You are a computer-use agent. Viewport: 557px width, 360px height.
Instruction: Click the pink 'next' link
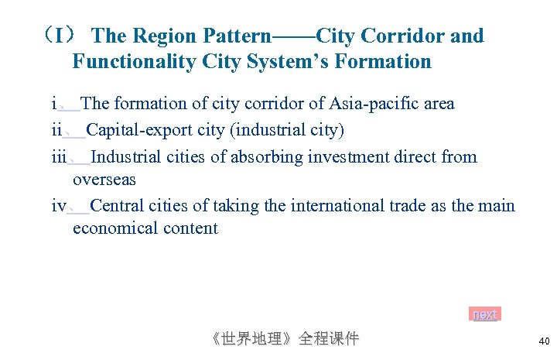pyautogui.click(x=485, y=314)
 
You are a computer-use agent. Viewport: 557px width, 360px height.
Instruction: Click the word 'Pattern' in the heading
pyautogui.click(x=237, y=36)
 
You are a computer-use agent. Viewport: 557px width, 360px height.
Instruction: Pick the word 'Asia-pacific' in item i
pyautogui.click(x=374, y=104)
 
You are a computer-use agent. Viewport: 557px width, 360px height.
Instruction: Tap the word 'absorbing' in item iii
pyautogui.click(x=264, y=157)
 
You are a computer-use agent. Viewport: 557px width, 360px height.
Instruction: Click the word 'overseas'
pyautogui.click(x=104, y=180)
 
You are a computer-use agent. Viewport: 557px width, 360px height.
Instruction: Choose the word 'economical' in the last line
pyautogui.click(x=114, y=228)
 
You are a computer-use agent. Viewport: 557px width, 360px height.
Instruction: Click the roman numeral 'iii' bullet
pyautogui.click(x=60, y=157)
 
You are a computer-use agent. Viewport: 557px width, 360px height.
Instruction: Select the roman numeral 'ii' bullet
pyautogui.click(x=56, y=129)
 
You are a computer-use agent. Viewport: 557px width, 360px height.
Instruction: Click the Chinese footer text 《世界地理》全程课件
pyautogui.click(x=284, y=339)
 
